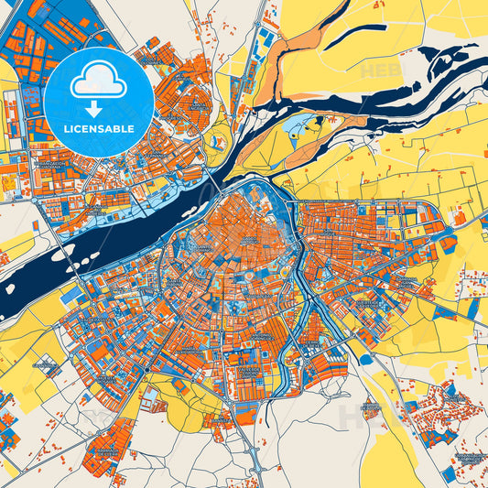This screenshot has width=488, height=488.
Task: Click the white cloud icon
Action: coord(98,81)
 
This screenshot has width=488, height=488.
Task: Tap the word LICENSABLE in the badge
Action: coord(98,129)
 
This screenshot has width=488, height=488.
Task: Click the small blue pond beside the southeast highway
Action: coord(366,358)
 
